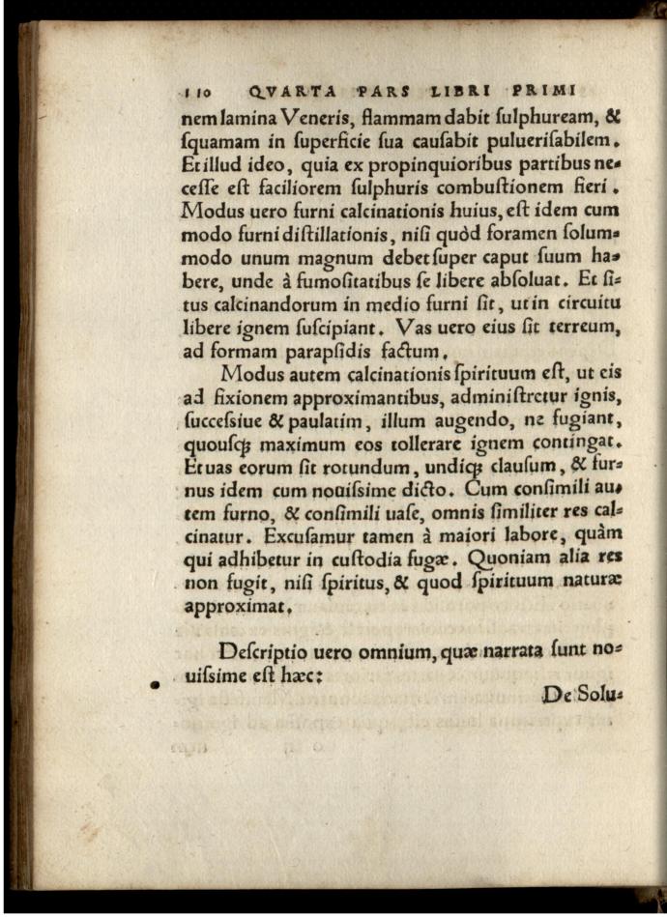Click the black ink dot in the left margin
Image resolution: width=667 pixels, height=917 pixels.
pyautogui.click(x=153, y=685)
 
